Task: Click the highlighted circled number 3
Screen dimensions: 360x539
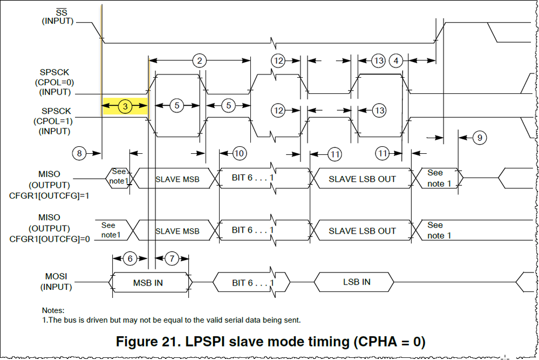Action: pyautogui.click(x=125, y=106)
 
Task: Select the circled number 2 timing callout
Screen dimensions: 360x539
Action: pyautogui.click(x=199, y=60)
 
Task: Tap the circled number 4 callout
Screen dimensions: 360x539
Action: pyautogui.click(x=396, y=60)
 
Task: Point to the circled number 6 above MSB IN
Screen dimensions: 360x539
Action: pyautogui.click(x=130, y=259)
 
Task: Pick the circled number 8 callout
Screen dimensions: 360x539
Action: pyautogui.click(x=80, y=153)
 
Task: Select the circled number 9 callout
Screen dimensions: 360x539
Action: pyautogui.click(x=479, y=138)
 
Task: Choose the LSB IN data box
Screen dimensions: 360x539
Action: pyautogui.click(x=357, y=282)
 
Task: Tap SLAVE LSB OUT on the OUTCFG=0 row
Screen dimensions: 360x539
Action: pyautogui.click(x=362, y=231)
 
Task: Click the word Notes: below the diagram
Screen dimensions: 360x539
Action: pyautogui.click(x=53, y=310)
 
